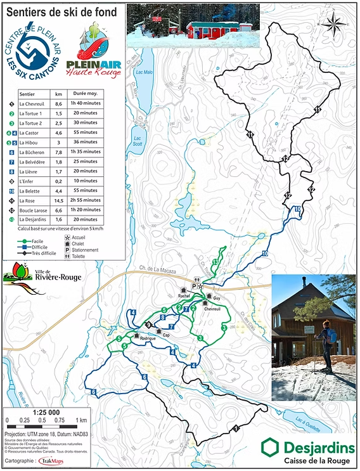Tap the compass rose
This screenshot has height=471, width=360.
pos(332,26)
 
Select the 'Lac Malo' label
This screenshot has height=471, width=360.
pos(141,73)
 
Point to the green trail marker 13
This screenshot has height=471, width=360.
pos(216,262)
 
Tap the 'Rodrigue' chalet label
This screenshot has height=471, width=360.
pos(147,339)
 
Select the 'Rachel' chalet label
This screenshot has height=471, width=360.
pos(184,296)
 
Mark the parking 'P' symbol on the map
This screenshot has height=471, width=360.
pos(195,286)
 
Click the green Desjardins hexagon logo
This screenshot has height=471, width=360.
pos(270,448)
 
